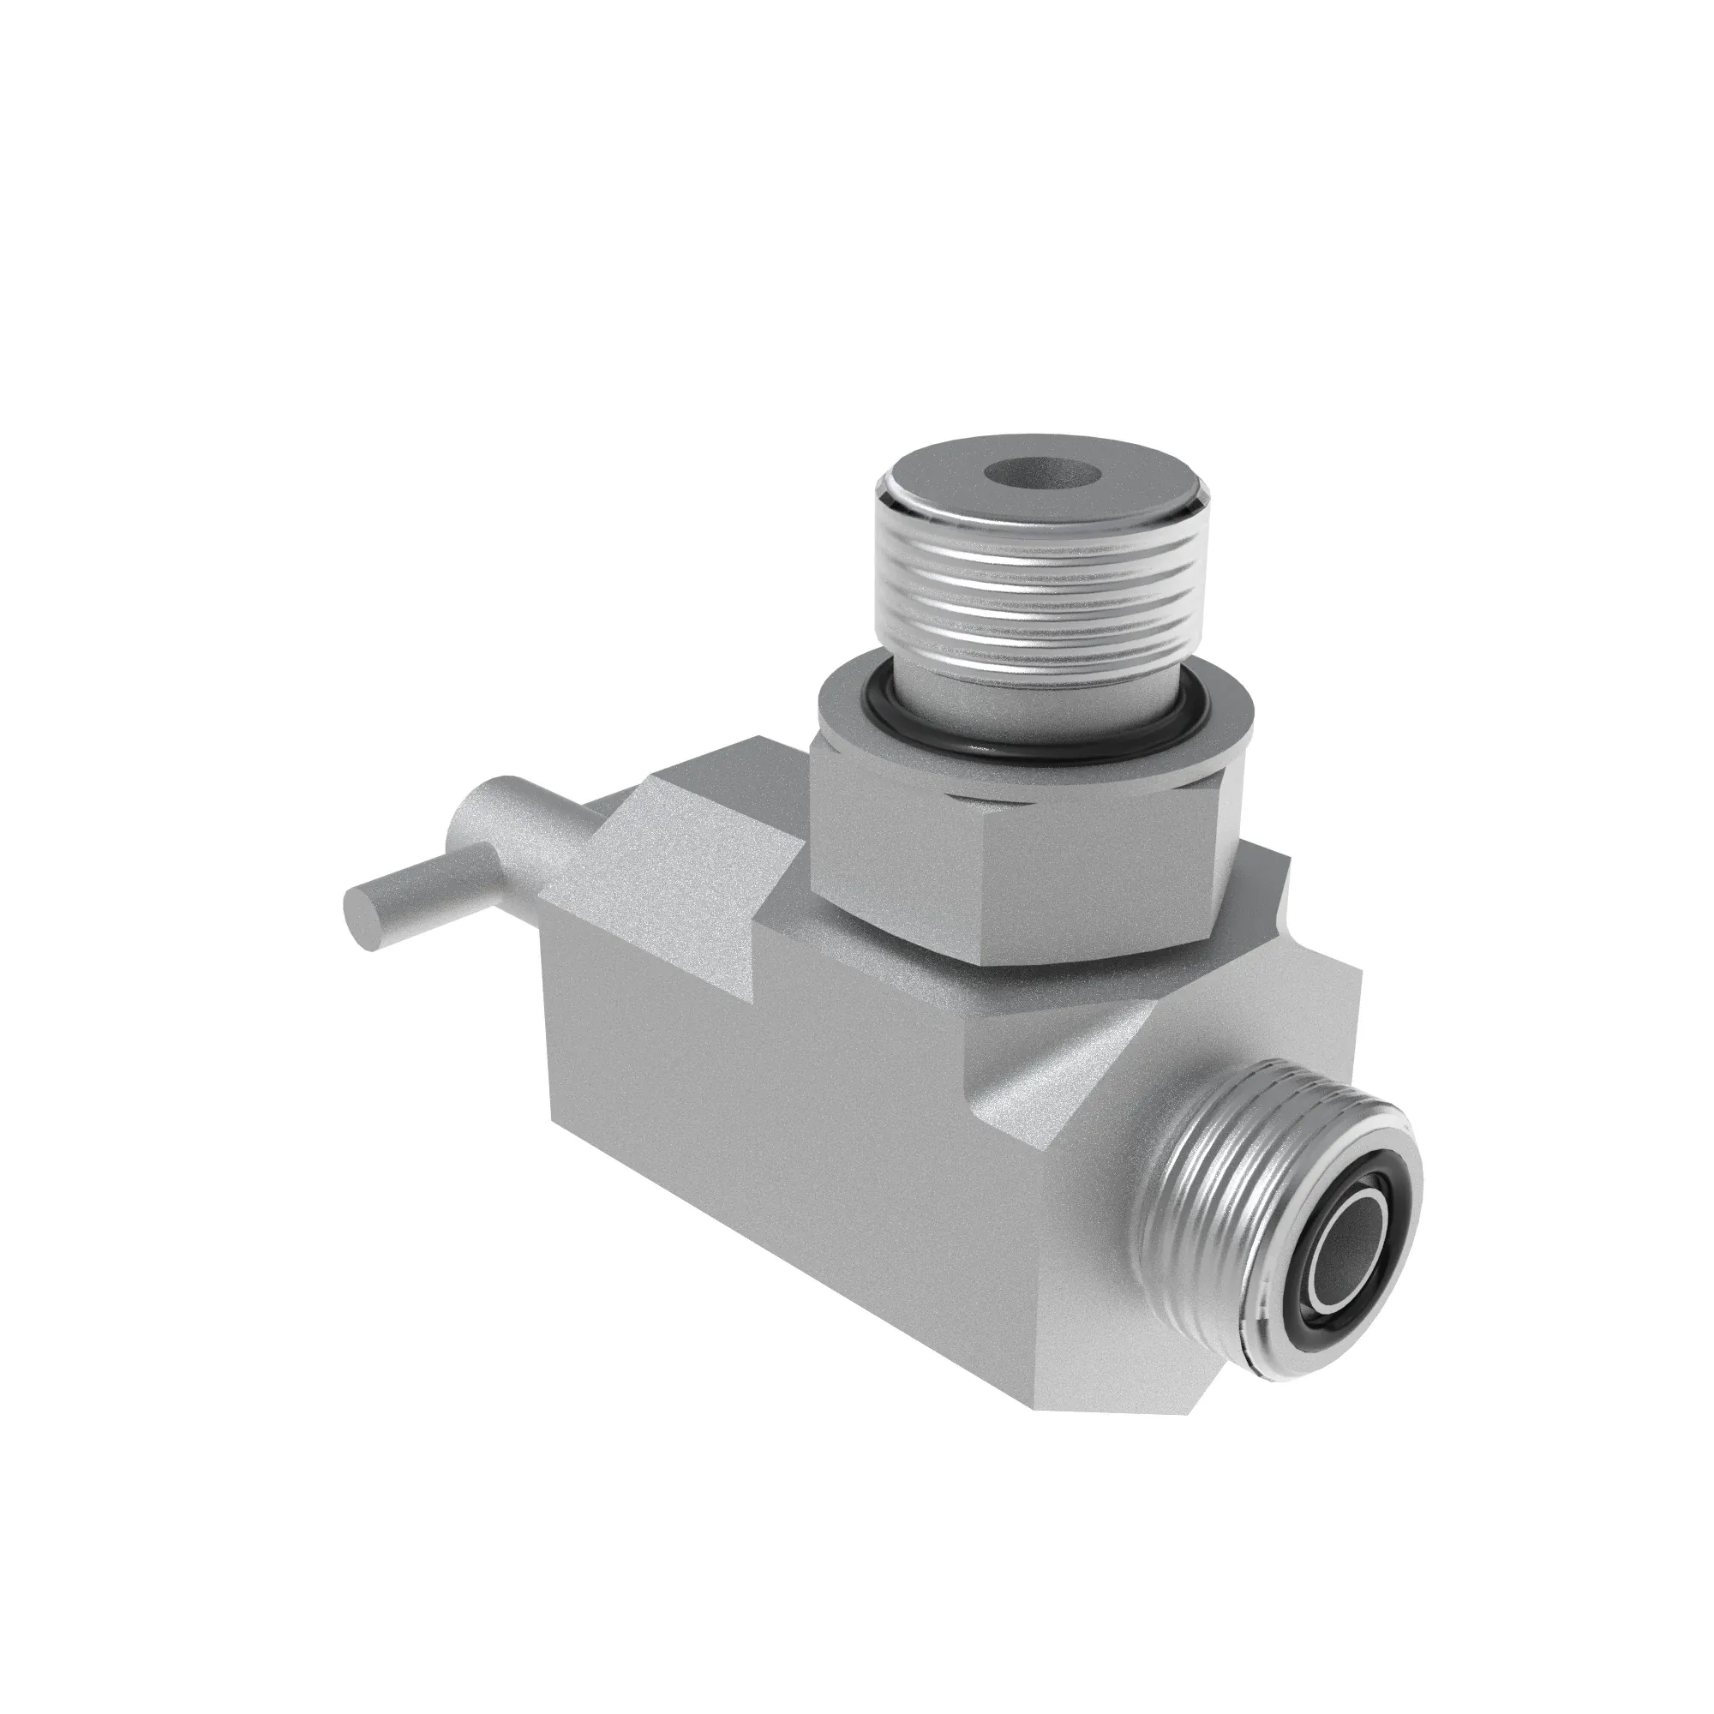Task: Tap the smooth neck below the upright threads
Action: (x=1020, y=701)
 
